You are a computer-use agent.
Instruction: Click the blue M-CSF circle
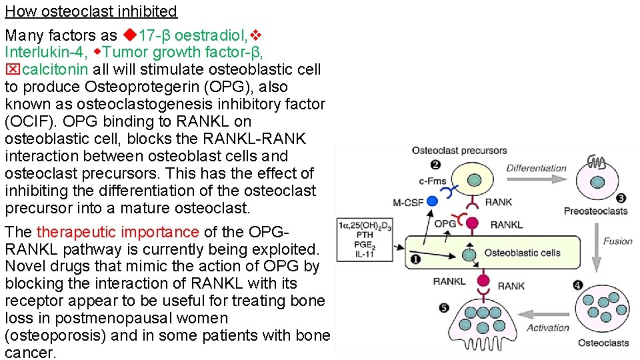point(432,200)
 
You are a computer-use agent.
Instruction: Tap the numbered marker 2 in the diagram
point(435,165)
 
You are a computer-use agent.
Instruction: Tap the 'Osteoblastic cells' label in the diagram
point(522,253)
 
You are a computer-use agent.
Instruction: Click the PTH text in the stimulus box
point(365,234)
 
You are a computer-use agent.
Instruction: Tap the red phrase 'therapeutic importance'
point(117,232)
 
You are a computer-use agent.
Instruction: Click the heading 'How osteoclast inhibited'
point(91,11)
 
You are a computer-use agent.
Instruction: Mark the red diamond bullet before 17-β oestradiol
point(129,35)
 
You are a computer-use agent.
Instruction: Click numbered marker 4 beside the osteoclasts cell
point(578,285)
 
